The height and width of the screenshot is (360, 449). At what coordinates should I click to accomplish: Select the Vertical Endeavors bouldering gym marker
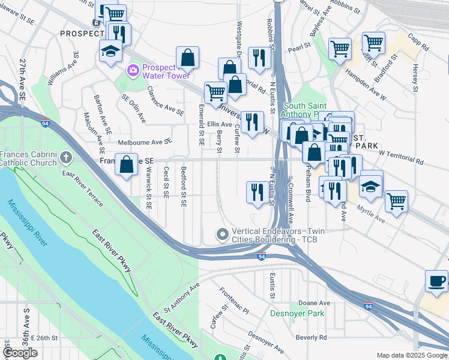click(x=223, y=234)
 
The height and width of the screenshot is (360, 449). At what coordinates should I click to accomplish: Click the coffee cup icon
click(x=436, y=281)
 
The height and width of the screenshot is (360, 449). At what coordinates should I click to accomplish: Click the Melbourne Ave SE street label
click(x=145, y=142)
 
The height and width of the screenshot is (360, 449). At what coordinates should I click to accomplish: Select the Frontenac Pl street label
click(x=234, y=301)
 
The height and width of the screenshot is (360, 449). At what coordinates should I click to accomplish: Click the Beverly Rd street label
click(x=311, y=337)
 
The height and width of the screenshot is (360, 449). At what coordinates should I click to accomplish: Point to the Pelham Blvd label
click(x=309, y=186)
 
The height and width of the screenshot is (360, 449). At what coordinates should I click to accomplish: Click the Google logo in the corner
click(x=20, y=353)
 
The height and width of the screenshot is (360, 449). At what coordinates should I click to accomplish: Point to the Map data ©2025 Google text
click(x=412, y=355)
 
